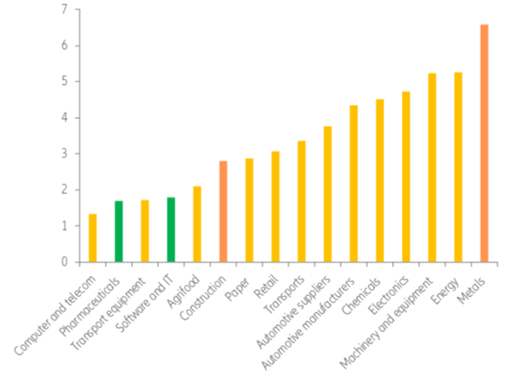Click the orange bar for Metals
point(485,143)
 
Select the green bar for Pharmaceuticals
point(119,231)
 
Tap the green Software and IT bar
point(171,230)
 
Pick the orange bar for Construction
point(224,211)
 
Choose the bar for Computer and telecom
point(93,238)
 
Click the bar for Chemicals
point(380,181)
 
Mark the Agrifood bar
point(197,224)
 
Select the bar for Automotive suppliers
point(327,194)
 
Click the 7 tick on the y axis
point(64,10)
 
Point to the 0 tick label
point(64,262)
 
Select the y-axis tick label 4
point(64,118)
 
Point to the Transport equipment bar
point(145,231)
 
